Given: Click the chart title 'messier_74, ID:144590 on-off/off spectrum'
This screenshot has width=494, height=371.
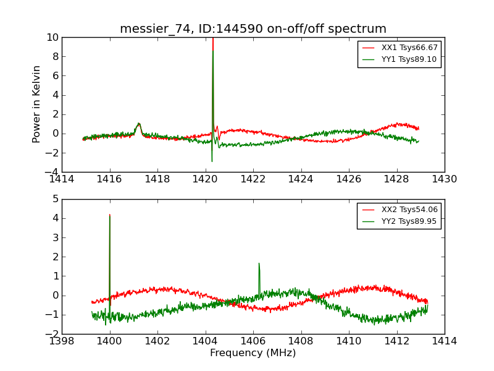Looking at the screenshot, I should click(253, 29).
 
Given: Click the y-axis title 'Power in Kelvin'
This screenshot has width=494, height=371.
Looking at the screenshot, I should click(37, 104).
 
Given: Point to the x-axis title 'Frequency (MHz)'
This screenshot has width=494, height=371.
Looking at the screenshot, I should click(253, 353).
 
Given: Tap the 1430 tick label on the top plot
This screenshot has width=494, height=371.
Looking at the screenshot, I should click(444, 179).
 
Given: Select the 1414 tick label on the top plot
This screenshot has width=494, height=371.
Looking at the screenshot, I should click(62, 179).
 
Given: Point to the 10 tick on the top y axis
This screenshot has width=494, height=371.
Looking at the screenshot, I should click(51, 38).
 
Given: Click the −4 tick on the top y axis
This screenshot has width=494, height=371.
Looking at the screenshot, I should click(51, 172).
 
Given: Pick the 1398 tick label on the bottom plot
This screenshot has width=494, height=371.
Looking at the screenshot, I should click(62, 341).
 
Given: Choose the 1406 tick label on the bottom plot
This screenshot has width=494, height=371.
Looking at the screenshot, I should click(253, 341).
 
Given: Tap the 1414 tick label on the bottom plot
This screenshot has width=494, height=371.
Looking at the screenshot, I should click(444, 341).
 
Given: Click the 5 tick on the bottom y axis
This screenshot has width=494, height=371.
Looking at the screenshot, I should click(54, 199).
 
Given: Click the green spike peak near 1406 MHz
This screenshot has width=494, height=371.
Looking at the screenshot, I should click(259, 263).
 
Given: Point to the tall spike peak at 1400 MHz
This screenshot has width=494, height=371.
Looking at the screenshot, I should click(110, 215).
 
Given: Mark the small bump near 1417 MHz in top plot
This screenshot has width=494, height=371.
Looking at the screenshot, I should click(139, 124).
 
